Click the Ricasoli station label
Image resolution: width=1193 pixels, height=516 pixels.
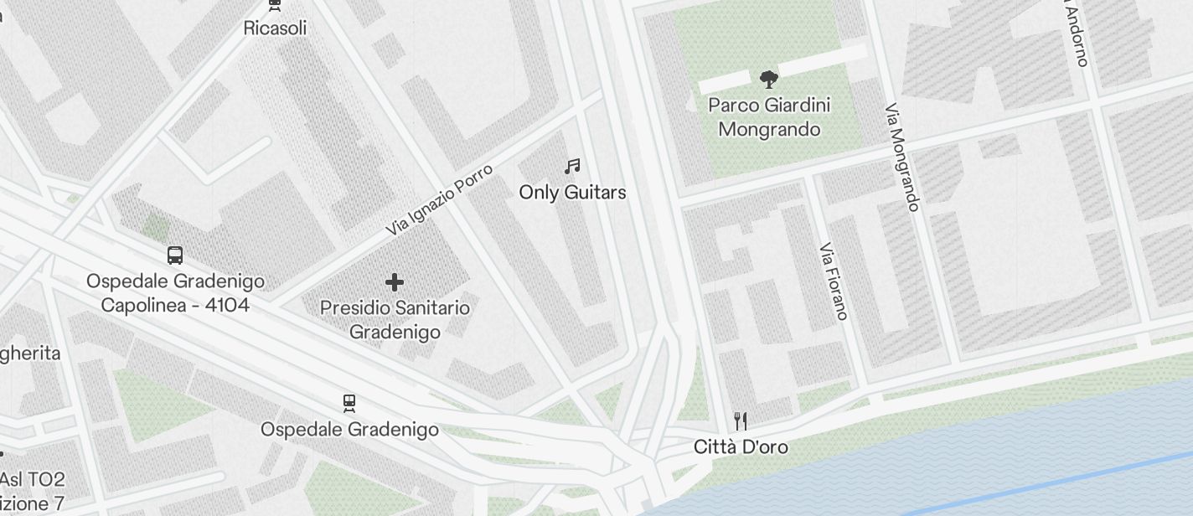click(275, 28)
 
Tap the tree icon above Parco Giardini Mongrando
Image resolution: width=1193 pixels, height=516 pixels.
click(767, 80)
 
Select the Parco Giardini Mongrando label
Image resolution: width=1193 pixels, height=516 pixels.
click(769, 117)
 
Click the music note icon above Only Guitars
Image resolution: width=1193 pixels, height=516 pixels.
click(572, 167)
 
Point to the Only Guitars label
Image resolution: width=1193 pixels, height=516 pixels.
click(572, 193)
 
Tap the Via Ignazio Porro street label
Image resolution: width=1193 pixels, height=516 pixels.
click(439, 199)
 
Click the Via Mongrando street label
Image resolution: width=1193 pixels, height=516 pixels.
click(902, 157)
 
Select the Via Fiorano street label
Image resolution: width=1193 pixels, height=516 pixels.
click(834, 281)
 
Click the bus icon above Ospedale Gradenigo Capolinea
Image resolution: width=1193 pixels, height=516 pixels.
click(175, 255)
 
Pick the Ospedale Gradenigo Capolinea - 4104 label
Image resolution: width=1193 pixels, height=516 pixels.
click(175, 293)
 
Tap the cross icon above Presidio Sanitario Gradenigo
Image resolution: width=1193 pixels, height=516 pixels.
click(395, 282)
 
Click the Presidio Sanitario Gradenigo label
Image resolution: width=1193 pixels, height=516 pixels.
click(395, 320)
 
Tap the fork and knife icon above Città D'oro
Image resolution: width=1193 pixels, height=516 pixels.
click(741, 421)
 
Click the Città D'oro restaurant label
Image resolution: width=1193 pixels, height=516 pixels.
click(741, 447)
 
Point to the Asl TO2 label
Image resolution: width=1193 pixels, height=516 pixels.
click(32, 480)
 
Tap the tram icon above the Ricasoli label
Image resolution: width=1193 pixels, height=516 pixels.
click(274, 4)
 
